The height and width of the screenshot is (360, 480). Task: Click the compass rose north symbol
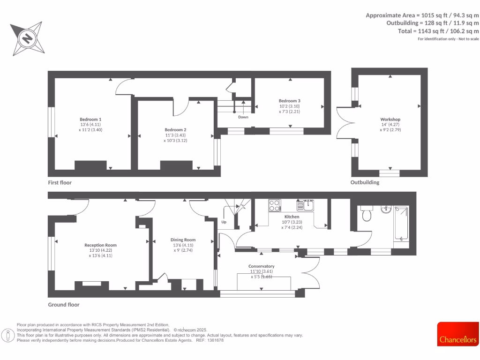27,37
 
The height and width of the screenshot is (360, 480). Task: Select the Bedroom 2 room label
175,130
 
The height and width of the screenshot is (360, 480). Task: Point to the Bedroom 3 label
289,101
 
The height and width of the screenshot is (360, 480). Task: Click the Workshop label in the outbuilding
390,120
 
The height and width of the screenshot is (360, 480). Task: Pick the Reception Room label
100,245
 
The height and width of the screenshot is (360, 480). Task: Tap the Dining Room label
183,240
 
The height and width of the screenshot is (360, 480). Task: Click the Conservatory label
261,266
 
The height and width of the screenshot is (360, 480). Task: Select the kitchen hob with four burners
274,205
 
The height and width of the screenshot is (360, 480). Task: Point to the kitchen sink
308,205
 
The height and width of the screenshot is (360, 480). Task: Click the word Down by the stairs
243,117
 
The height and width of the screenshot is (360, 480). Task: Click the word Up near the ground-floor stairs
224,222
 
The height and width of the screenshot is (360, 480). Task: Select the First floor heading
60,182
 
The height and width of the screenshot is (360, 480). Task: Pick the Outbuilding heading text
365,182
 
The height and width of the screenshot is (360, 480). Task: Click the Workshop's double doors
346,123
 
